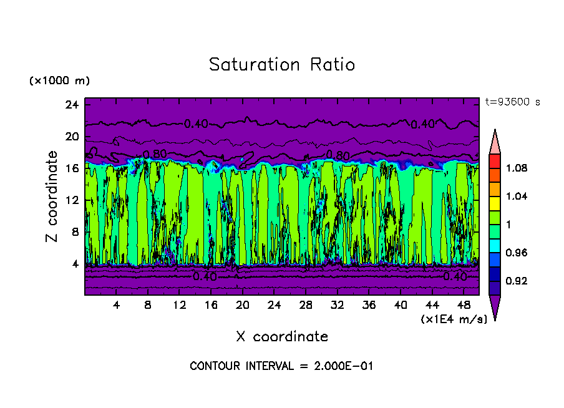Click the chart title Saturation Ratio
point(282,65)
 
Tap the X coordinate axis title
point(282,337)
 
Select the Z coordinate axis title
point(52,197)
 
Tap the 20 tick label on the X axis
point(243,306)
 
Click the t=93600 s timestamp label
point(512,102)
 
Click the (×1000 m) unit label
point(59,81)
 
